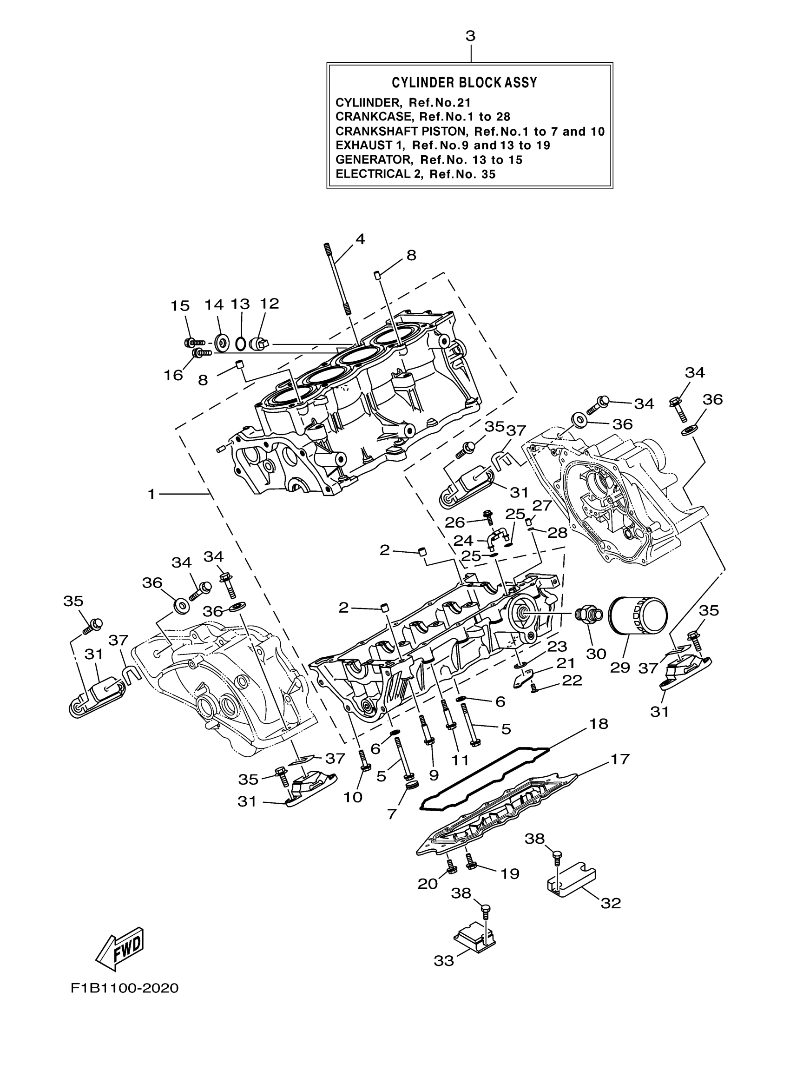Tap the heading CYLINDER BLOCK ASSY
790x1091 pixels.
(464, 83)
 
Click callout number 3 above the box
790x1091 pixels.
(470, 37)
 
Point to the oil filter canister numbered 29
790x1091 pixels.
(638, 617)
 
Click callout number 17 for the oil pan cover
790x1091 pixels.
(620, 759)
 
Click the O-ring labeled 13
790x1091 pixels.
(240, 344)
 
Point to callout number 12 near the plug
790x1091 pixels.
(269, 304)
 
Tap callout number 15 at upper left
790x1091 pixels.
(180, 306)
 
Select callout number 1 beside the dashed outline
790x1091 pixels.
(151, 494)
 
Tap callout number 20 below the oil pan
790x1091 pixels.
(428, 883)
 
